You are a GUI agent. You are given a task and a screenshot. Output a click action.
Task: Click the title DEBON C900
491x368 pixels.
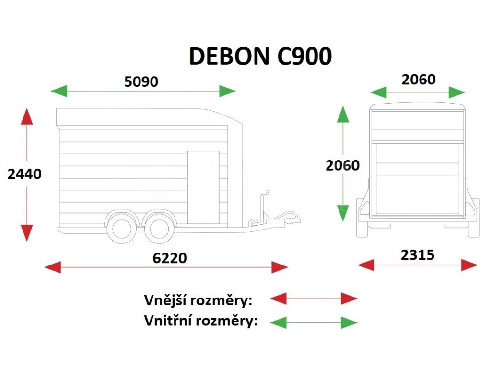(260, 57)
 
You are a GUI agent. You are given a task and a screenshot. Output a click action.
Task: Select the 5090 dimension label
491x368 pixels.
(141, 81)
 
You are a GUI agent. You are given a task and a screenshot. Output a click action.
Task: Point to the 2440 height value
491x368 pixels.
(25, 174)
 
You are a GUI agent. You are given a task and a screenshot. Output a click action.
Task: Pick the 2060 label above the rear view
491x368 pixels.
(419, 79)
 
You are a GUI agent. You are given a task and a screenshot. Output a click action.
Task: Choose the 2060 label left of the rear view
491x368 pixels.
(342, 165)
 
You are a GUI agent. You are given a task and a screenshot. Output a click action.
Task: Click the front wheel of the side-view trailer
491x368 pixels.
(159, 227)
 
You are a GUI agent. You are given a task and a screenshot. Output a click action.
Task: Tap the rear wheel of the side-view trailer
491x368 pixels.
(120, 227)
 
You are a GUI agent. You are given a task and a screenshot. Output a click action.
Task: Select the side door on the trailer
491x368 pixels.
(203, 187)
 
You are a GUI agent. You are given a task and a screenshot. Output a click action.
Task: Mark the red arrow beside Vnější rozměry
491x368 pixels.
(314, 299)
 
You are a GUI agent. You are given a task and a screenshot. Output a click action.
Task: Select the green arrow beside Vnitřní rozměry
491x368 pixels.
(314, 322)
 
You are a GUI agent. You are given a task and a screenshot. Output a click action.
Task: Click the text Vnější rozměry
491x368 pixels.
(198, 300)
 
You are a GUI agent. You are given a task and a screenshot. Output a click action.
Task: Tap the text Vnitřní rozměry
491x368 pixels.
(201, 320)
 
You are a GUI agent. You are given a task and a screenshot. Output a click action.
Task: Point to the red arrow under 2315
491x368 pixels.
(418, 264)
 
